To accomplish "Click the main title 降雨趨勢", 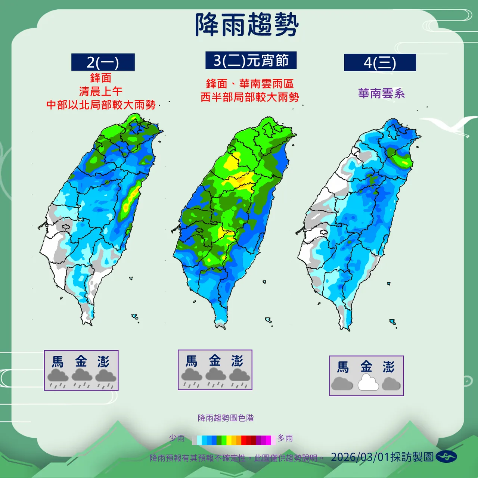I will point(246,25).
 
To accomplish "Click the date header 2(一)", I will point(103,62).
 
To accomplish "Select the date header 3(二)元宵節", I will point(251,60).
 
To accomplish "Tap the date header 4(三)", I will point(380,63).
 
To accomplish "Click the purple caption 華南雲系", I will point(381,93).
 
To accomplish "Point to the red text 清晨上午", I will point(100,91).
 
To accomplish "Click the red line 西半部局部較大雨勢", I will point(250,97).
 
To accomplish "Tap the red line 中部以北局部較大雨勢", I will point(101,105).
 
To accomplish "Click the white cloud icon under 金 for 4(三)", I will point(368,383).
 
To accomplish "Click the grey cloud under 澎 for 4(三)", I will point(391,384).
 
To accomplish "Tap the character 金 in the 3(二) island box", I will point(215,361).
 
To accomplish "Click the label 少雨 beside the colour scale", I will point(177,438).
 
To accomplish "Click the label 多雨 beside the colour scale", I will point(285,438).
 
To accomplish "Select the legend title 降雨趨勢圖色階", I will point(226,418).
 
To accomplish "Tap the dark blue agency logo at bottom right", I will point(446,456).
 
